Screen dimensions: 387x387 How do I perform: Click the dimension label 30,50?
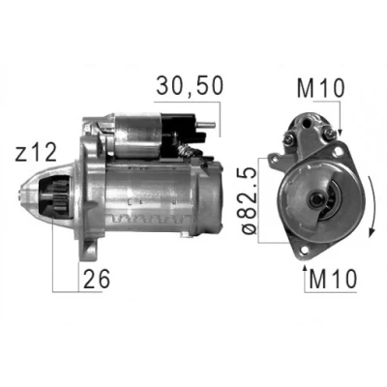coord(190,86)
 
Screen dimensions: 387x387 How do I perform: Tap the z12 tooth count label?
coord(36,153)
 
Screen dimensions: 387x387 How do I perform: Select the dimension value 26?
coord(97,279)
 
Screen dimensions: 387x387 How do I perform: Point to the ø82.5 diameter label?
coord(248,200)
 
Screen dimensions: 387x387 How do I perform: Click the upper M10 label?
coord(320,88)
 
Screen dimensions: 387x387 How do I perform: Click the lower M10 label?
coord(333,279)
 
